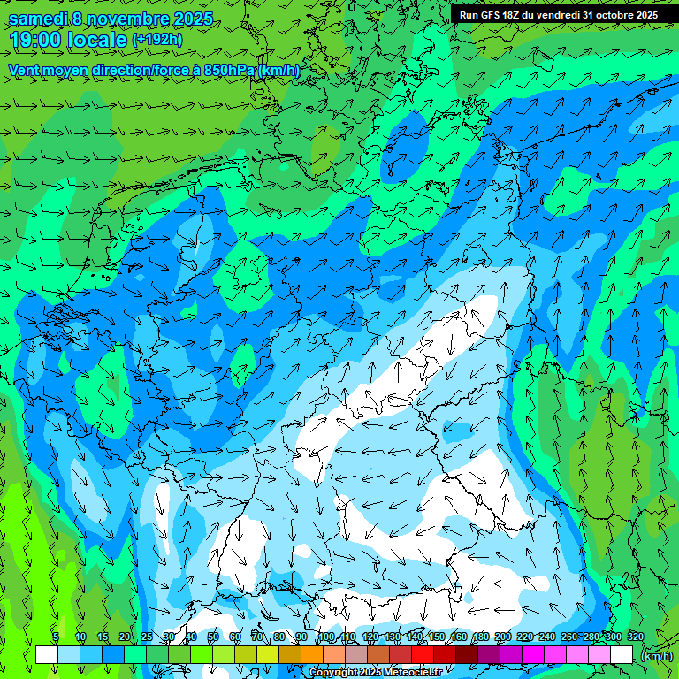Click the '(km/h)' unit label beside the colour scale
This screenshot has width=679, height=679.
[x=655, y=656]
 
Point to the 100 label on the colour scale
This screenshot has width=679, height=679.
[x=325, y=637]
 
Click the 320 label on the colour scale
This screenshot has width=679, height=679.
[x=635, y=637]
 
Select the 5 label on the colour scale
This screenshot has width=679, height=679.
[x=56, y=637]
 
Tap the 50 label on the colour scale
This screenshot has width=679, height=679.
[x=213, y=637]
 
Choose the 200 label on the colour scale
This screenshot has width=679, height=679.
[x=502, y=637]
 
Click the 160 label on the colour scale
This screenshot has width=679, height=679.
[x=458, y=637]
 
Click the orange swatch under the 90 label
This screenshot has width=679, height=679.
[x=312, y=655]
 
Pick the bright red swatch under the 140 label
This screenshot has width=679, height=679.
[x=423, y=655]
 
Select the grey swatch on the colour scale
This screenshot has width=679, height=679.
[x=356, y=655]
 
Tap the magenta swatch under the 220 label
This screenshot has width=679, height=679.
[x=533, y=655]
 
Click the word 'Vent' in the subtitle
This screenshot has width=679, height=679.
[x=25, y=70]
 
